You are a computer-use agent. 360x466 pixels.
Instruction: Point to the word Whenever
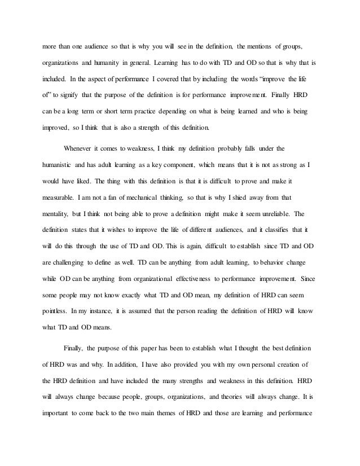pos(81,148)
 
